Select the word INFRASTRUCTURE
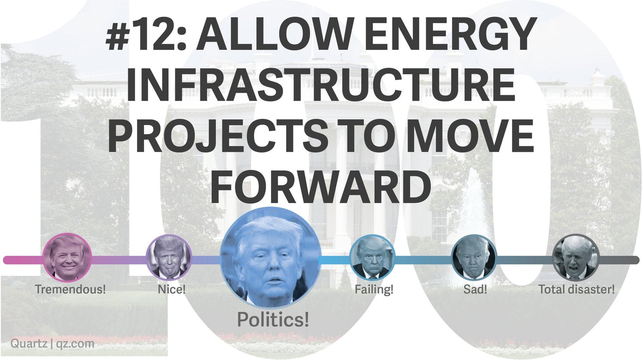point(321,85)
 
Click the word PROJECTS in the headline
point(218,136)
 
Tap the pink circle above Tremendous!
point(67,258)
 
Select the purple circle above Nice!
point(169,257)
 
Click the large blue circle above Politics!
point(271,258)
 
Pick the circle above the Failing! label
point(372,257)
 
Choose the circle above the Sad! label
point(474,257)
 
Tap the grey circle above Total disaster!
point(575,257)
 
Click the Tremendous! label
point(70,289)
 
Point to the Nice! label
point(172,289)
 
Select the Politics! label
point(273,320)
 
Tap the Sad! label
point(475,289)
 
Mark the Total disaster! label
point(577,289)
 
